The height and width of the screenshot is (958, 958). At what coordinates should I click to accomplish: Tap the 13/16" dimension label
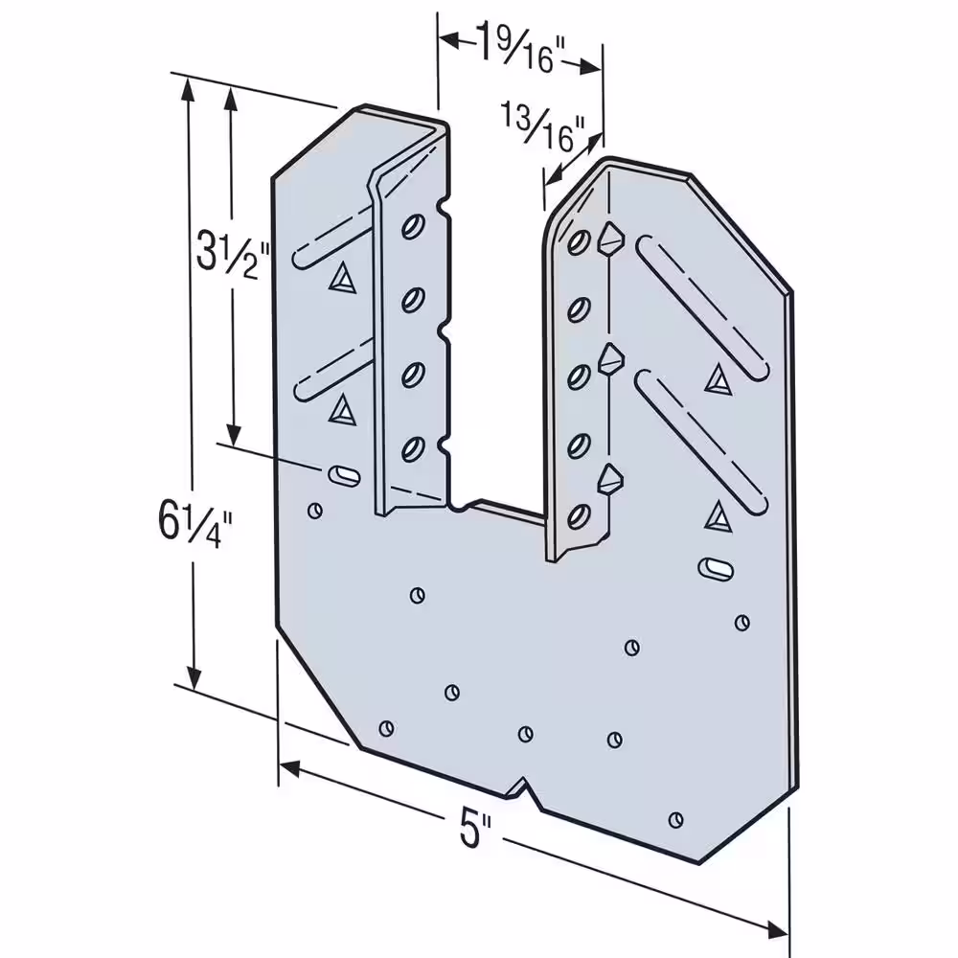click(542, 127)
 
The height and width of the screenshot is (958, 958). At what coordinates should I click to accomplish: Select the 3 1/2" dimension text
click(233, 254)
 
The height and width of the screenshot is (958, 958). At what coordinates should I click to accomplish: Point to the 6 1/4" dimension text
click(195, 523)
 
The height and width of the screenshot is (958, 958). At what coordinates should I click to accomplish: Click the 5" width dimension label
click(475, 830)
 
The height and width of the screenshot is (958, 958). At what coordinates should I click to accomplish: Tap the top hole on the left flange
click(414, 227)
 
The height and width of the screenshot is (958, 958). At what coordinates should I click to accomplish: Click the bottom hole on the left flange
click(414, 449)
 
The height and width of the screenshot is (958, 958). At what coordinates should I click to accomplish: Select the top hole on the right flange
click(579, 242)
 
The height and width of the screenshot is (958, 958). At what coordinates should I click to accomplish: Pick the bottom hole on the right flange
click(579, 517)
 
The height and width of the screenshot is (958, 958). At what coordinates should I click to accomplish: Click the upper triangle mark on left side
click(342, 279)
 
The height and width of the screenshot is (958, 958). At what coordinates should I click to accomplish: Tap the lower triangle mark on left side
click(342, 410)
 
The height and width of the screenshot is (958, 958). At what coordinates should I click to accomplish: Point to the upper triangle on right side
click(718, 380)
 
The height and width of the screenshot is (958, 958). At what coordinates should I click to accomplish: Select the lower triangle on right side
click(718, 517)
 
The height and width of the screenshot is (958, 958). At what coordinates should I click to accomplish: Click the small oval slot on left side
click(345, 476)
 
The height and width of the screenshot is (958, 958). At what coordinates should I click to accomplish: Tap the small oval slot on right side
click(716, 568)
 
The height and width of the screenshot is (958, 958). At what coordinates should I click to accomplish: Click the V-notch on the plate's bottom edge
click(524, 788)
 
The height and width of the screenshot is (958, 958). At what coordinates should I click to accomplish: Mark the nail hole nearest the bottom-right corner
click(675, 820)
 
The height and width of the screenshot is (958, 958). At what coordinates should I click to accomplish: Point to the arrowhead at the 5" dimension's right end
click(777, 930)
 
